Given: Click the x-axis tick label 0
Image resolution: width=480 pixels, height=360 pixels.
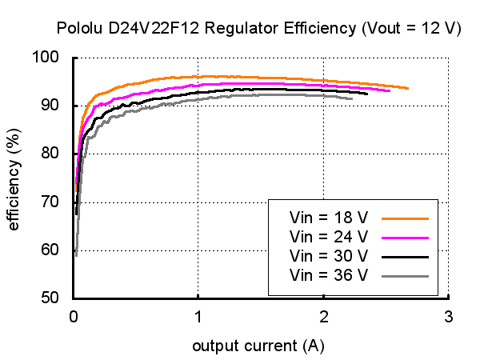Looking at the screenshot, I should [x=74, y=315].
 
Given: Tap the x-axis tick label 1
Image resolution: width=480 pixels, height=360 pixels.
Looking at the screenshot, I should [x=198, y=315].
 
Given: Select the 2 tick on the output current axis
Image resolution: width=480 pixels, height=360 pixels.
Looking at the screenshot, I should [x=323, y=315].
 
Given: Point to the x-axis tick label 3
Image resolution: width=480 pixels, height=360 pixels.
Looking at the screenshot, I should [x=448, y=315].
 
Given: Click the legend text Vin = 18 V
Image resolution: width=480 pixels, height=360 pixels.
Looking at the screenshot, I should [x=329, y=217].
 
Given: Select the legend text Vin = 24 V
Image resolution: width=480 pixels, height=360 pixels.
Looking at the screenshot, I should [x=329, y=237].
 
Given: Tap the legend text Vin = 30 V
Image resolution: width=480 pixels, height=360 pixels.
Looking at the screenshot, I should [x=329, y=256].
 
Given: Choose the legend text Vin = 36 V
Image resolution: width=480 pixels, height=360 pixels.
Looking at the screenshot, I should [x=329, y=276].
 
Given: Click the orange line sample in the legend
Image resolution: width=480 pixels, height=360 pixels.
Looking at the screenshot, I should [x=406, y=217].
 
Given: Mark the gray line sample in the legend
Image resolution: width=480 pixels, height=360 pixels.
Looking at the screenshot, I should [x=406, y=276].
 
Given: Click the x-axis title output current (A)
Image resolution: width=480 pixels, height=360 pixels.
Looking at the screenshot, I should [x=258, y=346].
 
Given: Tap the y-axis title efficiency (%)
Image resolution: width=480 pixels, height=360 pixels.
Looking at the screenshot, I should [x=14, y=178].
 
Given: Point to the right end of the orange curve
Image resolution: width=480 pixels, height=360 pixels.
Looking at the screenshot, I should [x=408, y=88].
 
